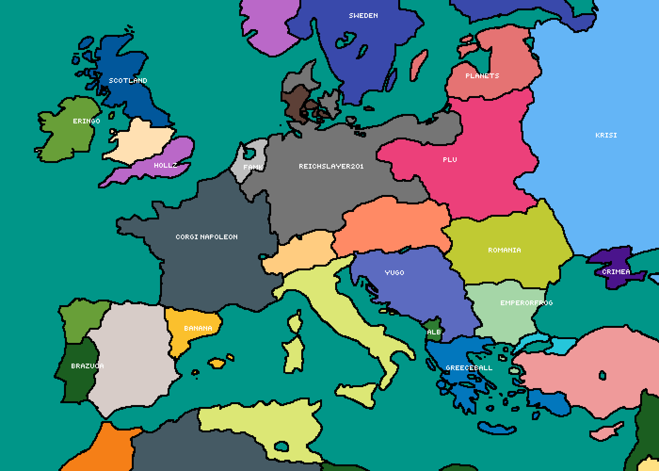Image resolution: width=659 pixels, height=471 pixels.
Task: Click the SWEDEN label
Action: (x=363, y=16)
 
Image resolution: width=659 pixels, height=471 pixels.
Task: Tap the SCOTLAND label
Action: (x=128, y=81)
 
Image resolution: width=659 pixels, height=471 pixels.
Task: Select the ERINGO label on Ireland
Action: (x=87, y=121)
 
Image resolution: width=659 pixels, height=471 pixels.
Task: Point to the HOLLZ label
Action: (x=166, y=165)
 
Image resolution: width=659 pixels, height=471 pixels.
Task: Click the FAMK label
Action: (x=253, y=167)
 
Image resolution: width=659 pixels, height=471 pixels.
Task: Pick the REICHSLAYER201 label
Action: (x=331, y=166)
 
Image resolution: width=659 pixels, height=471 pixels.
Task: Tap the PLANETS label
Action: (x=482, y=76)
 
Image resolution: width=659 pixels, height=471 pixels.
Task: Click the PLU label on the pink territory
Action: (x=450, y=160)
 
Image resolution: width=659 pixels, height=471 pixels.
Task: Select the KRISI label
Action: (x=606, y=135)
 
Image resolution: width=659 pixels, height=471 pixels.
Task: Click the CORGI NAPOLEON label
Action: (x=207, y=237)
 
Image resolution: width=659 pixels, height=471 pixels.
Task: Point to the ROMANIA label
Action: (x=505, y=250)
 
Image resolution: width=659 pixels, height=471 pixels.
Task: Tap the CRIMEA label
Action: (x=616, y=272)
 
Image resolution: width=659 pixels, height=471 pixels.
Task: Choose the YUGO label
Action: (x=394, y=273)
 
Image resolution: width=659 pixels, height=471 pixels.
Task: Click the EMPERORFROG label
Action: (x=526, y=303)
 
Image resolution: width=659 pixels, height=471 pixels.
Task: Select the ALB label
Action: (x=434, y=332)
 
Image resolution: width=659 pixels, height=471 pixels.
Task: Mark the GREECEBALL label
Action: (x=469, y=368)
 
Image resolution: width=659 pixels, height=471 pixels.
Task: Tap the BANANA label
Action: (x=198, y=328)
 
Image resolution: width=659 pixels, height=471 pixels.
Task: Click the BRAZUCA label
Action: (x=88, y=366)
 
